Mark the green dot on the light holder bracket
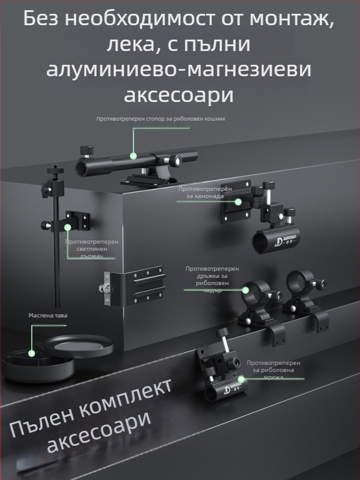click(x=68, y=227)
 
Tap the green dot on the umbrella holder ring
click(x=244, y=289)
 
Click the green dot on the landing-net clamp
click(x=241, y=379)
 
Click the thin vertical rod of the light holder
click(x=58, y=258)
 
